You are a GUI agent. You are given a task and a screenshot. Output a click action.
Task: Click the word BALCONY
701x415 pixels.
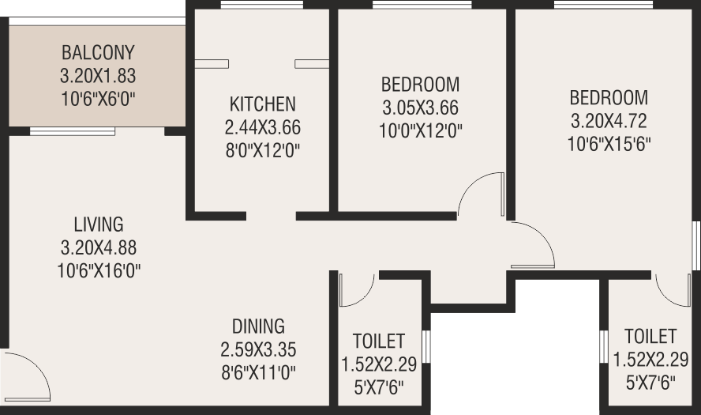coord(98,53)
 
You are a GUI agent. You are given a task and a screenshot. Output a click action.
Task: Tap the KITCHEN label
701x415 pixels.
coord(262,104)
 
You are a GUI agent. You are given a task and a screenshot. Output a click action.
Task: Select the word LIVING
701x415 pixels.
coord(99,224)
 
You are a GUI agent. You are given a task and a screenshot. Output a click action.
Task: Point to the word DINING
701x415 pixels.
coord(258,326)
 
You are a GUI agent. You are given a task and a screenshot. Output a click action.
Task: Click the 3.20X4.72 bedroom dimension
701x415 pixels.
coord(609,121)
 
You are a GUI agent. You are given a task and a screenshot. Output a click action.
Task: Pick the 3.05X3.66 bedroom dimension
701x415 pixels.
coord(420,108)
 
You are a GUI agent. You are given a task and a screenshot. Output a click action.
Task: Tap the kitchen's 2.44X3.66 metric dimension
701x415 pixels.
coord(262,127)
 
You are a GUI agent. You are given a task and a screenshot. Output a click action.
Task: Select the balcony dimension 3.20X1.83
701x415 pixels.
coord(98,76)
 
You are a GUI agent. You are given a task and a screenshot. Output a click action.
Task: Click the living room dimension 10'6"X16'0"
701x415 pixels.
coord(99,271)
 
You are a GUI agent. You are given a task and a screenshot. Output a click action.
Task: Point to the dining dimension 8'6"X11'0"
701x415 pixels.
coord(258,372)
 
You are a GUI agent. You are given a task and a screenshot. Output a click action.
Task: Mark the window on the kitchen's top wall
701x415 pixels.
coord(262,5)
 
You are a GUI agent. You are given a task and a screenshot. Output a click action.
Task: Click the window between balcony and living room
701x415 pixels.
coord(73,131)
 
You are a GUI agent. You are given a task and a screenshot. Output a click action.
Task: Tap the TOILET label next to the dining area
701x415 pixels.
coord(379,341)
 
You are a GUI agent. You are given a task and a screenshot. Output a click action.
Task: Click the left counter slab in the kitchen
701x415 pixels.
coord(212,64)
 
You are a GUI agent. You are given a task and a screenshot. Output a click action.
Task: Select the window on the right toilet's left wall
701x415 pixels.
coord(604,346)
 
